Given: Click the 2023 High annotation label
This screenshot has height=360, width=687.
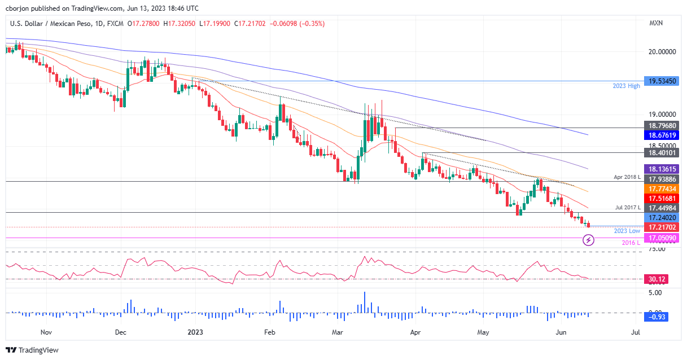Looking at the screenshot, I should (626, 86).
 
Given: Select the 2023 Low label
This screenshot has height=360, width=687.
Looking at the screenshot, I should (627, 231).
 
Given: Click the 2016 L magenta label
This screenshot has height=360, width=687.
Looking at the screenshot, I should (631, 243).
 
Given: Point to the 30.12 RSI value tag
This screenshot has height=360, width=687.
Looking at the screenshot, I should (655, 279).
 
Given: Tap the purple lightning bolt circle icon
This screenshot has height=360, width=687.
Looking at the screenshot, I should (588, 241).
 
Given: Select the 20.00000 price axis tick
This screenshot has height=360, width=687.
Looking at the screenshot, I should (662, 52).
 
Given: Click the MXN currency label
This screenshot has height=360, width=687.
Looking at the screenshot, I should (656, 23).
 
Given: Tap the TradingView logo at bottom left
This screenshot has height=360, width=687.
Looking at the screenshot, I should (32, 350).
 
